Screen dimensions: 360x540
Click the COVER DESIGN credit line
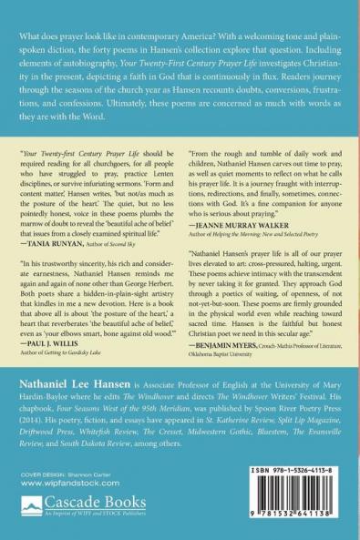(63, 476)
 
